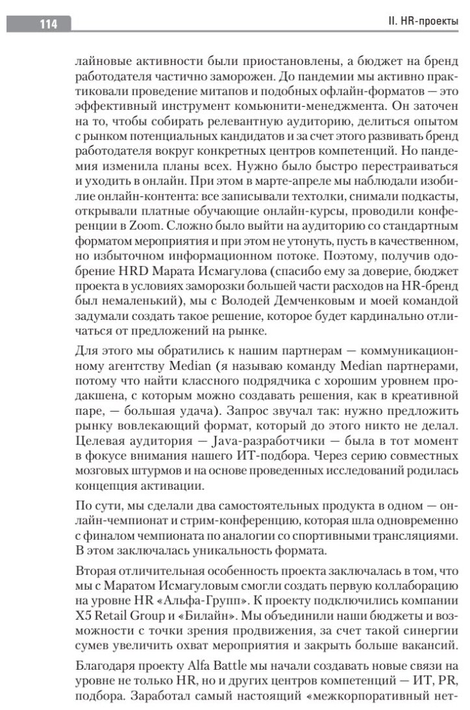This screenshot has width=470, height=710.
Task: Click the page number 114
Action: click(x=48, y=25)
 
